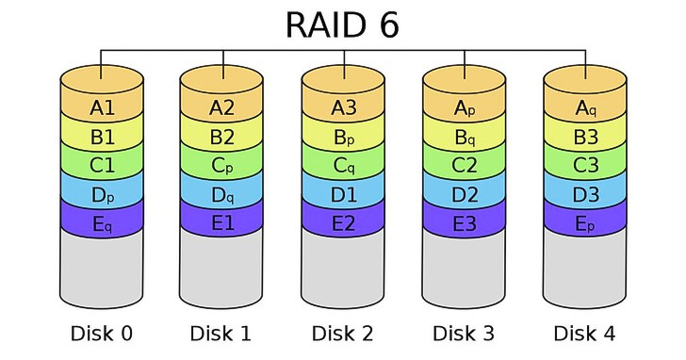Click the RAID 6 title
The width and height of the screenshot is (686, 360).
pyautogui.click(x=342, y=25)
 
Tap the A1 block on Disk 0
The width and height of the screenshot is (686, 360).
pyautogui.click(x=102, y=108)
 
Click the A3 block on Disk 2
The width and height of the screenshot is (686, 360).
pyautogui.click(x=344, y=108)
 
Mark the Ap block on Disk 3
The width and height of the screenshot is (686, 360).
pyautogui.click(x=465, y=108)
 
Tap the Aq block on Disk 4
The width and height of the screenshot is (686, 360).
pyautogui.click(x=585, y=108)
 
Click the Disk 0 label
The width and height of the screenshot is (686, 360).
pyautogui.click(x=102, y=333)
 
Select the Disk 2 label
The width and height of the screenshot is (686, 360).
pyautogui.click(x=344, y=333)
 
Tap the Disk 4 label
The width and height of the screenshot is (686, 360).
pyautogui.click(x=585, y=333)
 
